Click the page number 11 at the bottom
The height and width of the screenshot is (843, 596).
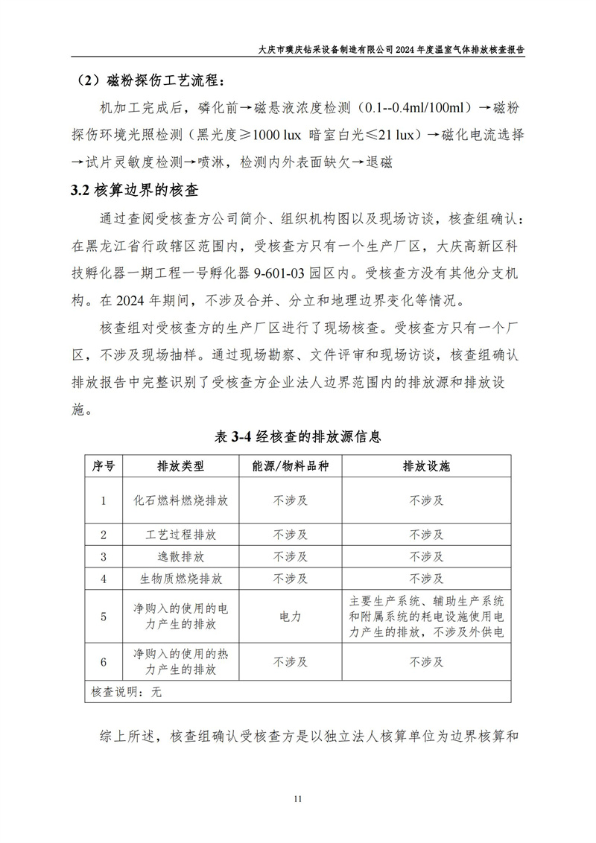297,799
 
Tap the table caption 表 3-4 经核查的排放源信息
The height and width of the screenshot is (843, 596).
298,436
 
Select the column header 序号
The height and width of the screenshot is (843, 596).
104,466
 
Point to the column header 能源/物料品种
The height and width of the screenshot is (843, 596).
291,466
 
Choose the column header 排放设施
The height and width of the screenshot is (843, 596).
426,466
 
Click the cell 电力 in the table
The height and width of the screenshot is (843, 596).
291,617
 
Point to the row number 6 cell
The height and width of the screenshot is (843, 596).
104,662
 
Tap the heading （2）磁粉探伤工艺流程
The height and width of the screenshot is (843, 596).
152,80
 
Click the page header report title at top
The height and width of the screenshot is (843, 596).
395,49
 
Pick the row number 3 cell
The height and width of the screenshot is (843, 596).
104,556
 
